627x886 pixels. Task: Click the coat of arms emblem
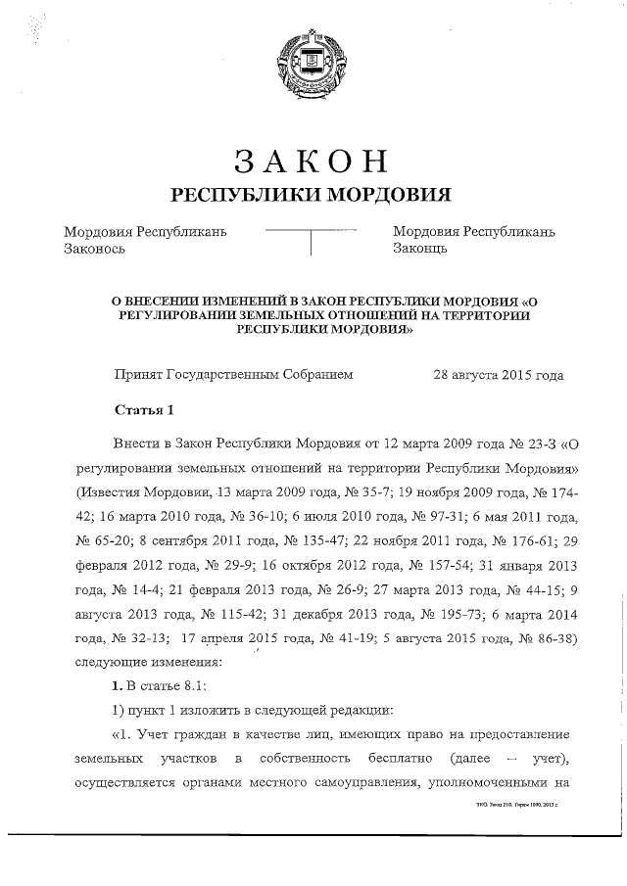(312, 60)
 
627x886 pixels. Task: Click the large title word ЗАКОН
(312, 160)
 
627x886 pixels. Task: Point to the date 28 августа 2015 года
(498, 374)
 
